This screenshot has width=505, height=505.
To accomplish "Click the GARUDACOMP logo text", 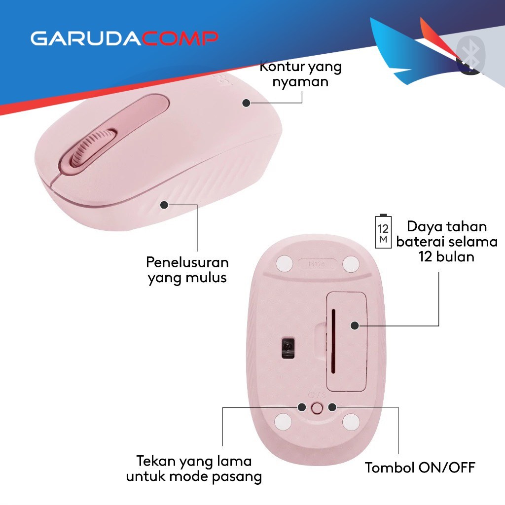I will (x=124, y=38).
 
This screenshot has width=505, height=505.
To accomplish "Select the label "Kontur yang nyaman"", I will (x=301, y=73).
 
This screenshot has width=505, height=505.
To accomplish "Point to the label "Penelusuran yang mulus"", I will (x=187, y=269).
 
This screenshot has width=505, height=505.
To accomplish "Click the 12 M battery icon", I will (x=383, y=231).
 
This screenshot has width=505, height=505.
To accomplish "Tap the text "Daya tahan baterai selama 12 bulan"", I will (x=447, y=242).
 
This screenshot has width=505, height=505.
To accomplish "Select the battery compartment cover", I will (x=347, y=340).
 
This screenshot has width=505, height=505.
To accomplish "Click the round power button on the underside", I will (x=318, y=407).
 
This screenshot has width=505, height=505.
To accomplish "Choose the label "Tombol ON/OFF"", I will (x=420, y=468).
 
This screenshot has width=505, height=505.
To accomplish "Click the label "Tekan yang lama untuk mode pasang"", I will (x=194, y=469).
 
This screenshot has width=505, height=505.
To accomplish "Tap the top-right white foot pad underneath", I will (x=350, y=263).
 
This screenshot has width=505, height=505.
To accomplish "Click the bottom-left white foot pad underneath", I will (x=283, y=422).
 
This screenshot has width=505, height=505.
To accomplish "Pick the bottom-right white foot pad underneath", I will (x=351, y=422).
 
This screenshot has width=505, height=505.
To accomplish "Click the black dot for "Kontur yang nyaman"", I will (x=246, y=103).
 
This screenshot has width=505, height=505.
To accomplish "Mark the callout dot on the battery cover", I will (x=354, y=325).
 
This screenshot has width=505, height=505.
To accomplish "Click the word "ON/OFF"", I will (x=448, y=468).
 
